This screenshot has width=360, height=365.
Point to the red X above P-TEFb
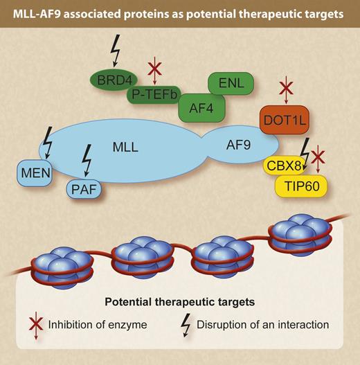156,72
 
